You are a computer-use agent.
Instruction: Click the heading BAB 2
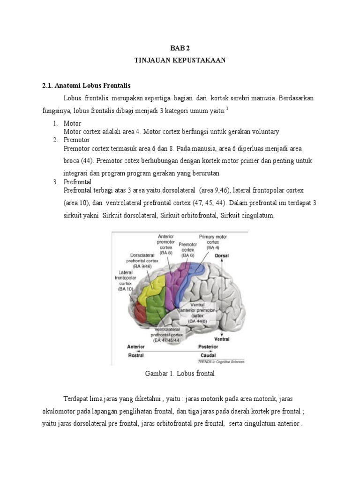180,48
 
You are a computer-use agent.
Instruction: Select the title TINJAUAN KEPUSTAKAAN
180,61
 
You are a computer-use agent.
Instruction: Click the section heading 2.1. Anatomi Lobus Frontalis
86,86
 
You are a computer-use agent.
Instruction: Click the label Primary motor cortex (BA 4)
213,242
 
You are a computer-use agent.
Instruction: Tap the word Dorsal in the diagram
222,256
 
